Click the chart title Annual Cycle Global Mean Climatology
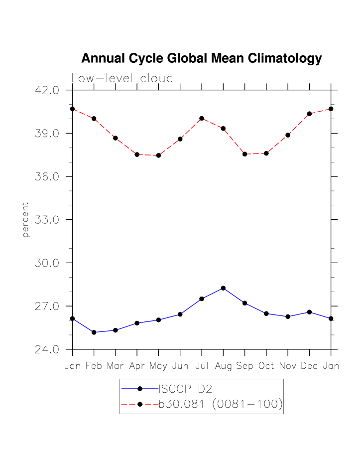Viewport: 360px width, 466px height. point(201,59)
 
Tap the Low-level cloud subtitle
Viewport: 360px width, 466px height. point(122,79)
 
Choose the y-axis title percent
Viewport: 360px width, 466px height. point(26,220)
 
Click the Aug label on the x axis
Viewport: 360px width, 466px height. point(223,366)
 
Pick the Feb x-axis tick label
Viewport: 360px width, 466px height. point(94,366)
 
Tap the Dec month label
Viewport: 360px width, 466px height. point(309,366)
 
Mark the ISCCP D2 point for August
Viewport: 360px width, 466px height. point(223,288)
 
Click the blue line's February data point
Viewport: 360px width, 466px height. point(94,332)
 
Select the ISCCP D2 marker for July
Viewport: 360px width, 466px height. point(202,299)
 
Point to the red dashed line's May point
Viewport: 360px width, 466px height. point(158,155)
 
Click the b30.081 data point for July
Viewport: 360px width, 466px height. point(202,118)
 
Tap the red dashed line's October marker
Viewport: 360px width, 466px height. point(266,153)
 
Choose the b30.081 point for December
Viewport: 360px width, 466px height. point(309,114)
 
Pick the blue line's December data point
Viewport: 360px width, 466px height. point(309,312)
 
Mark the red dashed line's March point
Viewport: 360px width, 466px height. point(115,138)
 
